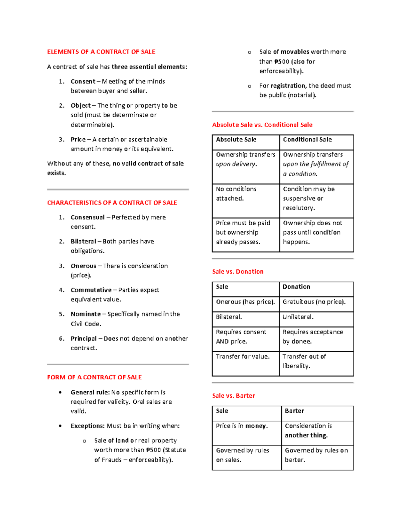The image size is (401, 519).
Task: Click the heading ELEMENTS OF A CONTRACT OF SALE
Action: click(101, 52)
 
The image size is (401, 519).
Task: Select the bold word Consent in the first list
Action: click(83, 82)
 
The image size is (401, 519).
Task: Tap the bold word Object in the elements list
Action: click(81, 106)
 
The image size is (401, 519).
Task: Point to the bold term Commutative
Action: click(91, 290)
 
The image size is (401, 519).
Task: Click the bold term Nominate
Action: click(86, 314)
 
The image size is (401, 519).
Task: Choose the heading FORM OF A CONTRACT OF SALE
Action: click(94, 377)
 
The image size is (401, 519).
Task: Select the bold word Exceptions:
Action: click(88, 426)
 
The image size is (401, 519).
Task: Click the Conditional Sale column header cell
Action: click(316, 142)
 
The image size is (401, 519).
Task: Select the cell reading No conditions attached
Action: click(246, 200)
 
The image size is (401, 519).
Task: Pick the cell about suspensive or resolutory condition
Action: click(316, 200)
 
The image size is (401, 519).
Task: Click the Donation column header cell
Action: click(316, 289)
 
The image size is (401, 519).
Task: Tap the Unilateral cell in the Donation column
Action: click(316, 319)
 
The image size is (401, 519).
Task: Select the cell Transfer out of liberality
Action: click(316, 363)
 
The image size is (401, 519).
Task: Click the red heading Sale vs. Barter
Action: click(233, 396)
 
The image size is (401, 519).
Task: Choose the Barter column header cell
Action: click(317, 413)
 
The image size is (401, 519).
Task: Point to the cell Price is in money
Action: click(247, 433)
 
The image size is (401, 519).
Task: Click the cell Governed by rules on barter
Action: click(317, 457)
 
